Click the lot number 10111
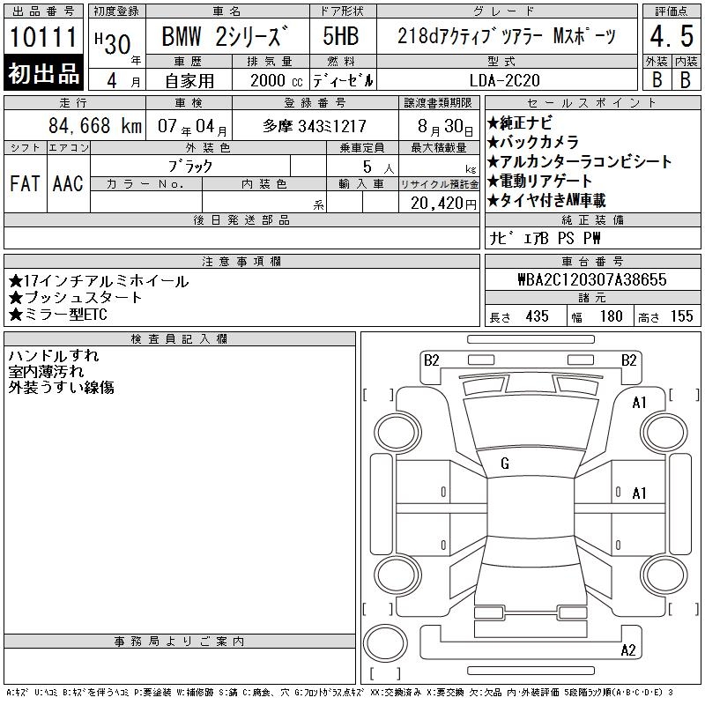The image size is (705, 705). [x=43, y=37]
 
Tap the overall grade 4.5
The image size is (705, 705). [x=672, y=36]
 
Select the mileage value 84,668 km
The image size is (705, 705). [x=95, y=125]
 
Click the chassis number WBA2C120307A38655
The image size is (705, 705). [x=592, y=279]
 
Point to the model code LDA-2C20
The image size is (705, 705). [x=504, y=80]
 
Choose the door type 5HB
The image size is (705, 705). [x=341, y=36]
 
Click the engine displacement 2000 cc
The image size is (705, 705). [x=276, y=81]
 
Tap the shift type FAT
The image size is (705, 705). [x=25, y=183]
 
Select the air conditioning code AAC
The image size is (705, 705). [x=69, y=183]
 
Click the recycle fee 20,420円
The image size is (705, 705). [x=443, y=204]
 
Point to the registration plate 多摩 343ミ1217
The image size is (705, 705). [x=315, y=126]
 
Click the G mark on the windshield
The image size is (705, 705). [x=505, y=464]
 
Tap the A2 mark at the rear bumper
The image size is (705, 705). [x=628, y=650]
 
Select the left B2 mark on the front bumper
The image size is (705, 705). [x=432, y=360]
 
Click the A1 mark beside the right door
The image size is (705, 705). [x=639, y=493]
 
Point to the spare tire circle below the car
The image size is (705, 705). [x=385, y=643]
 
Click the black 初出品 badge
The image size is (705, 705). [x=43, y=72]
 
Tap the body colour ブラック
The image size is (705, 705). [x=190, y=167]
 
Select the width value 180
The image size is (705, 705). [x=611, y=316]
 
